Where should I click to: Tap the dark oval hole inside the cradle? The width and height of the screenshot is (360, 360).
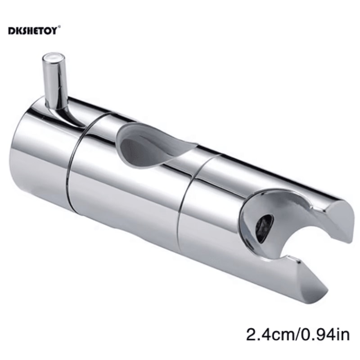[264, 228]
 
